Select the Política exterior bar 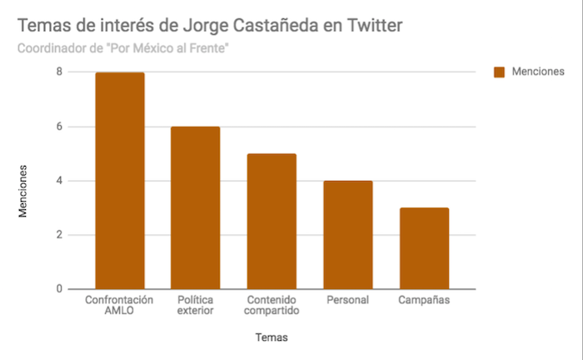196,208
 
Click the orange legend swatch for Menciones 500,72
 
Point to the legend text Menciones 539,72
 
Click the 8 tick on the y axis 59,72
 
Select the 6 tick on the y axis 59,127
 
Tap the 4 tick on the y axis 59,181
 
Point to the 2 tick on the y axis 59,235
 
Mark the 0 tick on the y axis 59,289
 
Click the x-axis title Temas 272,337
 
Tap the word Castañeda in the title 262,25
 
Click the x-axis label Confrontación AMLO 120,305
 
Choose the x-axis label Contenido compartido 272,305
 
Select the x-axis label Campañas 423,299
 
